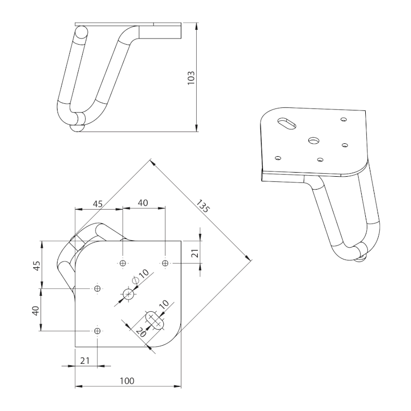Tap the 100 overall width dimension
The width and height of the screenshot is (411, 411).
point(127,381)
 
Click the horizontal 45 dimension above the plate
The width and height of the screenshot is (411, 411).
point(97,203)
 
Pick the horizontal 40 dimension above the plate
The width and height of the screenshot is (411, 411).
point(142,203)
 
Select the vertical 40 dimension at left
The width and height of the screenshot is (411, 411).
point(35,310)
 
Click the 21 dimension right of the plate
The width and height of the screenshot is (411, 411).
point(194,252)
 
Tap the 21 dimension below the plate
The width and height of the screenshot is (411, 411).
point(85,361)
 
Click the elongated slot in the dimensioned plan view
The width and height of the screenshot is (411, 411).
point(155,319)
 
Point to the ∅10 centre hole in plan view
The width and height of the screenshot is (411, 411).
point(128,294)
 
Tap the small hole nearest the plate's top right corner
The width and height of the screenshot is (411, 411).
point(165,264)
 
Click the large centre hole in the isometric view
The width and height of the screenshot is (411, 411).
point(313,140)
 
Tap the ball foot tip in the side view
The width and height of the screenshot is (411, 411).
point(77,128)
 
